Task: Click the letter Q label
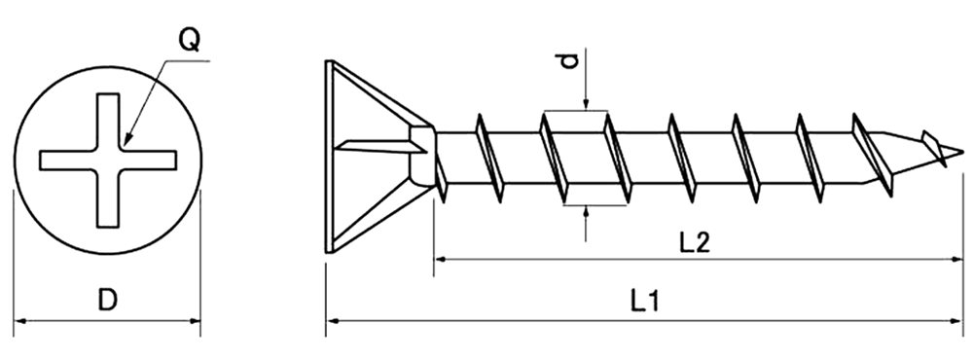(190, 40)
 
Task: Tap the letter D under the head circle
(107, 300)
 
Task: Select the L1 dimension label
(645, 301)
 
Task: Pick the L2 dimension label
(695, 242)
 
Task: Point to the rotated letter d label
(569, 61)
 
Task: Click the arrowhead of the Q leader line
(126, 140)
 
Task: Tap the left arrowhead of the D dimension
(20, 321)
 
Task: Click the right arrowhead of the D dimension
(194, 321)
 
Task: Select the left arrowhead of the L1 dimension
(333, 321)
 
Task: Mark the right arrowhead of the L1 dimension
(955, 321)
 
